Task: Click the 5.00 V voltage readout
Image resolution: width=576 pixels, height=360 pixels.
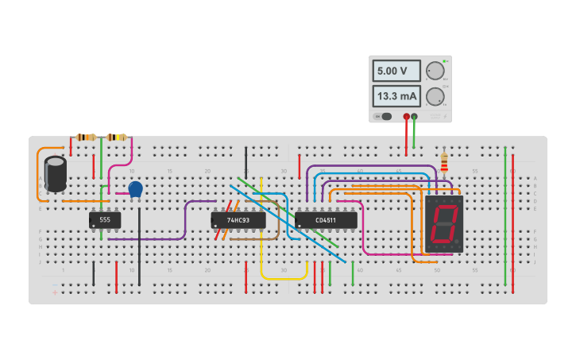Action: (x=396, y=71)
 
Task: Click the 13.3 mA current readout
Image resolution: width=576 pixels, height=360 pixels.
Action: (x=396, y=96)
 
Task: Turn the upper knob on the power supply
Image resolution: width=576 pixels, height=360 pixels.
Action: (x=435, y=71)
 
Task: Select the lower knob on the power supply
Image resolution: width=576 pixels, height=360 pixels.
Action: (x=435, y=97)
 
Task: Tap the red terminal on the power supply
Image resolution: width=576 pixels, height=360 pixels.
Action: (x=407, y=117)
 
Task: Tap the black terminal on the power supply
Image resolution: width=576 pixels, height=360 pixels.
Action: (x=414, y=117)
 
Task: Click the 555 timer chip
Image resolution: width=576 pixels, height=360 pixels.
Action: (x=105, y=219)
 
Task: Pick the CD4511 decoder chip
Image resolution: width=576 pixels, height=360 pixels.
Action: (x=326, y=219)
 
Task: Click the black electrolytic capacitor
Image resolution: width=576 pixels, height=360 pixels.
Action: (x=56, y=173)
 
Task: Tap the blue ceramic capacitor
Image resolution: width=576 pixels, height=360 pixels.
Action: (x=135, y=188)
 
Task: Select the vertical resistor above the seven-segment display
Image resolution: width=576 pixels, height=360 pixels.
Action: (x=443, y=164)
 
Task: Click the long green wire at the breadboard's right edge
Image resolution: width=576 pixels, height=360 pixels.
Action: (x=505, y=215)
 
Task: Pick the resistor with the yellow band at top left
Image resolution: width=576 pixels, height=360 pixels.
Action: (x=116, y=137)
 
